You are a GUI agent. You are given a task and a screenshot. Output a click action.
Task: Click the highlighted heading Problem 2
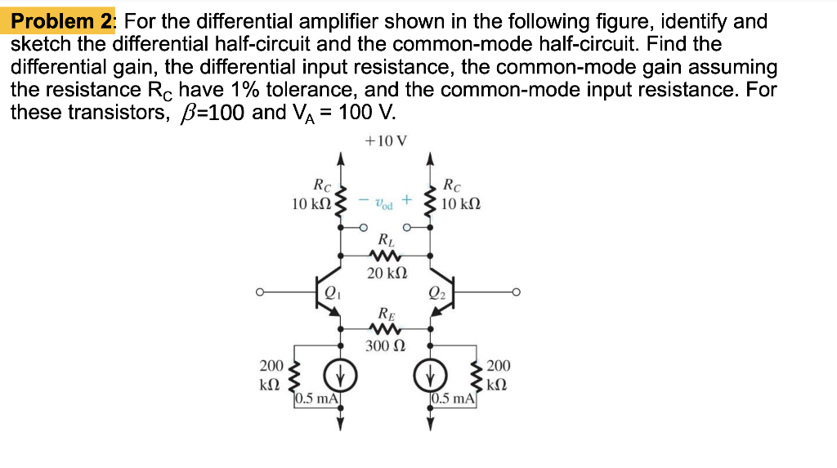(x=61, y=21)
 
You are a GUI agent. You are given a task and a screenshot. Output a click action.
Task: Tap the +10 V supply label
(x=386, y=140)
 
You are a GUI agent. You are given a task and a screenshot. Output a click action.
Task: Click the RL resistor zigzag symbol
(x=385, y=255)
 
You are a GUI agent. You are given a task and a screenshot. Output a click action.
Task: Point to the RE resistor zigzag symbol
(x=385, y=328)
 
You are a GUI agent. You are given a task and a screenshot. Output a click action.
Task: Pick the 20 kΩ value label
(x=387, y=274)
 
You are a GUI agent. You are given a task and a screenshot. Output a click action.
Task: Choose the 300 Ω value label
(x=386, y=346)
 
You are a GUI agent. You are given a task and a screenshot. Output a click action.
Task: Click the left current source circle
(x=341, y=377)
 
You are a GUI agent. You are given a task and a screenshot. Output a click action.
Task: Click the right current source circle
(x=430, y=377)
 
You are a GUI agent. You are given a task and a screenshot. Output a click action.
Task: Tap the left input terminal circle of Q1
(x=259, y=292)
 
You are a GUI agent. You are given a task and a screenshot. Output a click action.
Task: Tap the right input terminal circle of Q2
(x=516, y=292)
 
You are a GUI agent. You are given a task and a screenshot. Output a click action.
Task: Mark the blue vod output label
(x=384, y=204)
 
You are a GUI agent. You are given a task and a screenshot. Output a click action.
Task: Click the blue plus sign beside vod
(x=407, y=199)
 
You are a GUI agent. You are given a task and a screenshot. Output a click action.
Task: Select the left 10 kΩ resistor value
(x=311, y=204)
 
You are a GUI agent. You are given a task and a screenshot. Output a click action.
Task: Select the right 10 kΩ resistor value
(x=461, y=204)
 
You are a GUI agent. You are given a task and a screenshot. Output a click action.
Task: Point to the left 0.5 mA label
(x=317, y=399)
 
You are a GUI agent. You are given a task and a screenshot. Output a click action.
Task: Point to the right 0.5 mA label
(x=453, y=399)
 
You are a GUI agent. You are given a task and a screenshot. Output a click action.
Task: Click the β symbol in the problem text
(x=186, y=114)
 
